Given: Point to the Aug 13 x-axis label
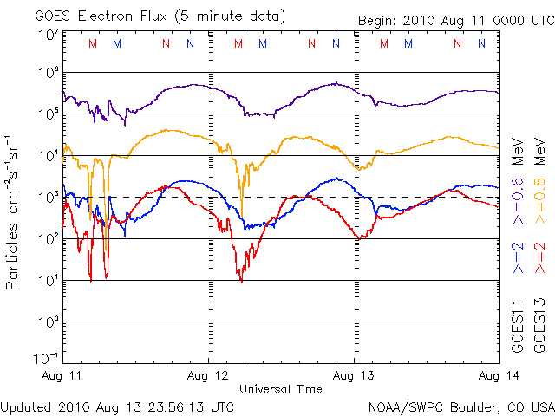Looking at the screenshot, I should [354, 376].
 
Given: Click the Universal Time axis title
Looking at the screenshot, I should [280, 389].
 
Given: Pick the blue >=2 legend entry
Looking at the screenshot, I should [519, 258].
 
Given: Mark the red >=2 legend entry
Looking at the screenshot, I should [540, 258].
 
